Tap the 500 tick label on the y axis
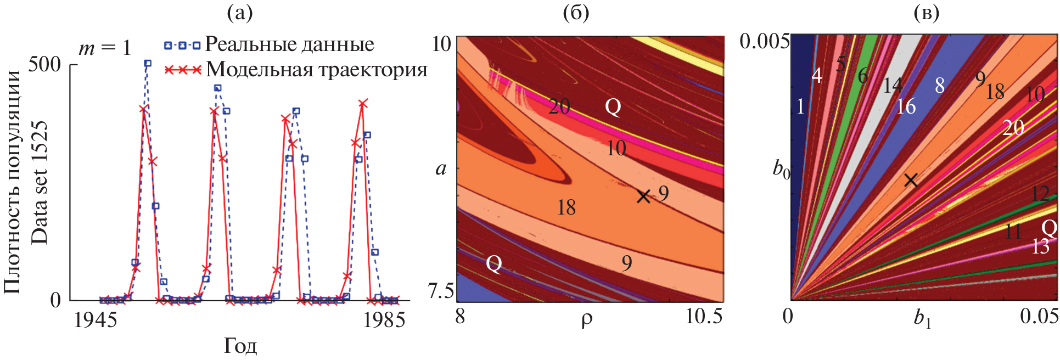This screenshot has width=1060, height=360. coord(44,65)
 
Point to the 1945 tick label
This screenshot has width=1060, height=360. coord(96,320)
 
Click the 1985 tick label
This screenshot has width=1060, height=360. coord(384,320)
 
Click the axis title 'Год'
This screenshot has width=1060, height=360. coord(240,346)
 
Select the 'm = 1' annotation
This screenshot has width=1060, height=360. coord(105,48)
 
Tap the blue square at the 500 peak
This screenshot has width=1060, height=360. coord(147,64)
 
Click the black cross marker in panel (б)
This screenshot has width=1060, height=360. coord(643,196)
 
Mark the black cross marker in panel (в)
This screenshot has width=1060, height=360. coord(911,180)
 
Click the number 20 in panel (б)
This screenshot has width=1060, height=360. coord(559,106)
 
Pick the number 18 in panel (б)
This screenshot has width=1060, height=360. coord(566,207)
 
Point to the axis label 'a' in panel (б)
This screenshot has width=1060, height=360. coord(441,168)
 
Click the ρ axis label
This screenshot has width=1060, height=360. coord(586,319)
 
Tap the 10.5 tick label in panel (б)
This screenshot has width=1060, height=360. coord(704,317)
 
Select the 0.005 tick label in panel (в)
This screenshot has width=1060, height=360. coord(764,41)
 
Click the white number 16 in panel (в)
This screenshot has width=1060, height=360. coord(906,106)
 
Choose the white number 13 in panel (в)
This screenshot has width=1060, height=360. coord(1040,246)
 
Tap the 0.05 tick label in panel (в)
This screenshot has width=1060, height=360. coord(1039,317)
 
